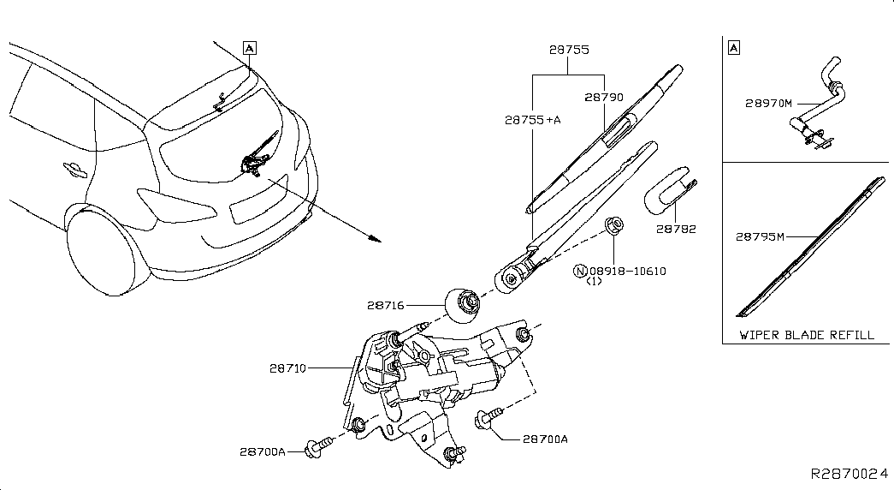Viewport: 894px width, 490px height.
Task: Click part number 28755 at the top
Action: [568, 51]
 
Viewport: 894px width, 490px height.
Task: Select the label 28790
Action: [603, 98]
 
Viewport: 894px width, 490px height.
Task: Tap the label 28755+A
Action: [532, 121]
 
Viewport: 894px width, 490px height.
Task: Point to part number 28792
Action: [676, 229]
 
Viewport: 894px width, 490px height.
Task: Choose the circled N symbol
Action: [581, 272]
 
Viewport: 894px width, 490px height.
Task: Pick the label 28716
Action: [387, 304]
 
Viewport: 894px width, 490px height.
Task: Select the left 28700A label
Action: [263, 450]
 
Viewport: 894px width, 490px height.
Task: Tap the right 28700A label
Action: [545, 439]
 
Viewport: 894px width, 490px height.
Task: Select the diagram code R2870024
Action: [850, 473]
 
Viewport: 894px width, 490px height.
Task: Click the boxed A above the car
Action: [249, 48]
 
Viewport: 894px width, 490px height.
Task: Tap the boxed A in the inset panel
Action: [733, 48]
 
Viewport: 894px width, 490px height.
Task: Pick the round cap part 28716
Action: [464, 303]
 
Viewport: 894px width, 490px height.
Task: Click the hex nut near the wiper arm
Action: [613, 227]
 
